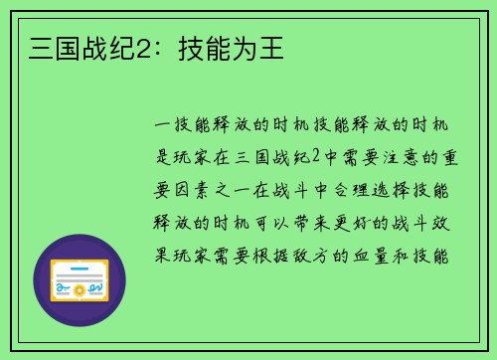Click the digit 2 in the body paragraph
(x=315, y=157)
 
